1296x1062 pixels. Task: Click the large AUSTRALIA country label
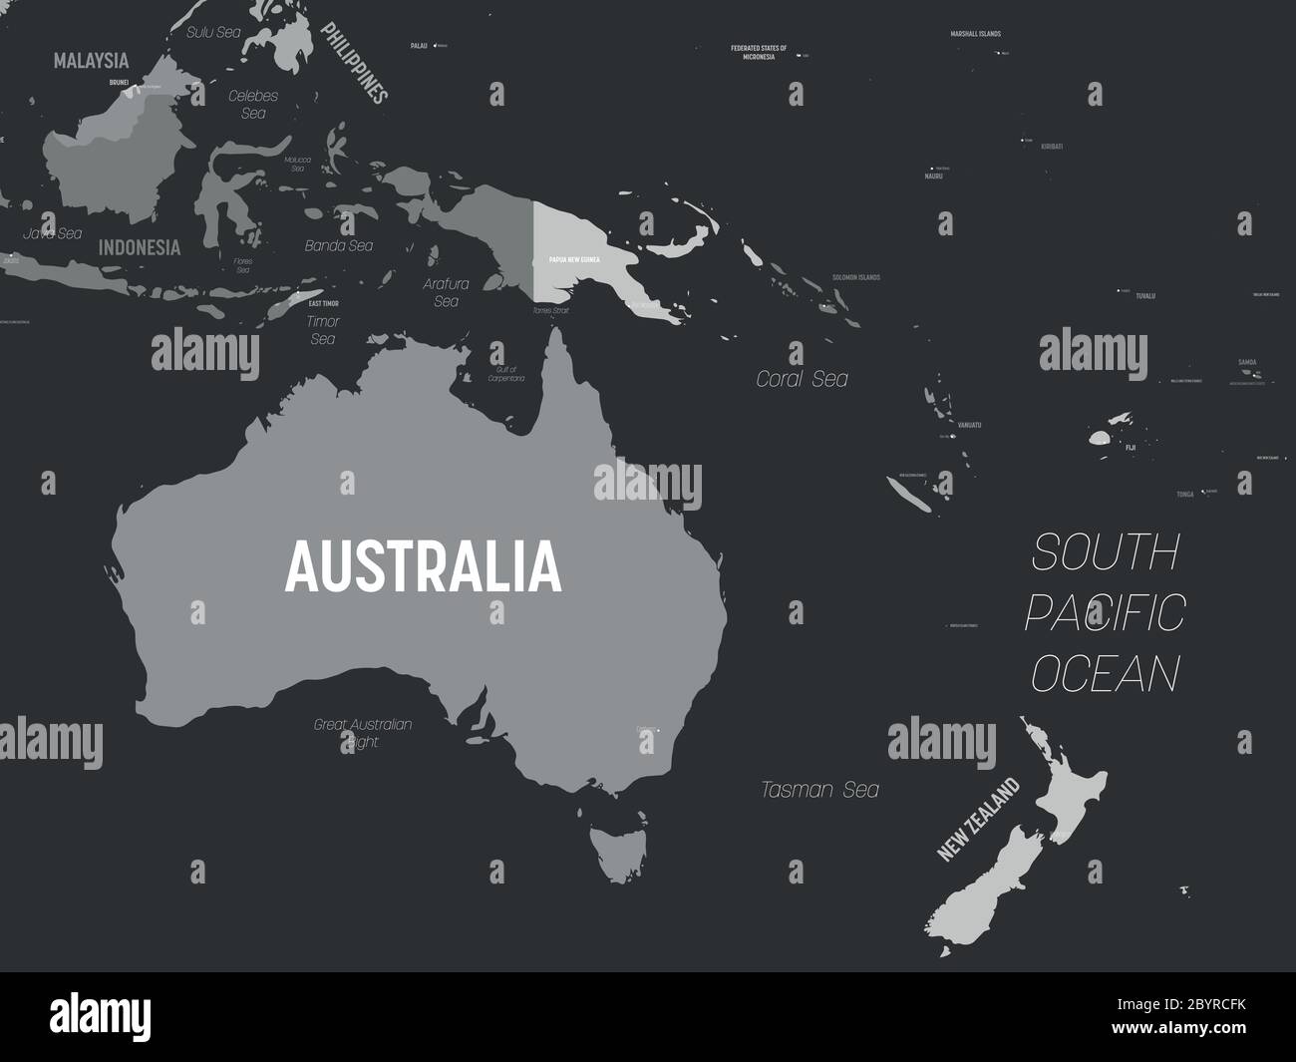(x=423, y=565)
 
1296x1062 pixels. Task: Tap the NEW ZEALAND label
(x=979, y=820)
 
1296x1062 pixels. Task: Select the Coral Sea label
(x=802, y=379)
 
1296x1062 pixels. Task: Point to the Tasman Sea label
(x=819, y=790)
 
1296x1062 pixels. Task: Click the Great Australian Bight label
(x=363, y=733)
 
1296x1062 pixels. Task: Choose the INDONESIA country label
(x=140, y=247)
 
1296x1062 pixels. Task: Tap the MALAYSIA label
(x=92, y=61)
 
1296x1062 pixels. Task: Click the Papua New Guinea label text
(x=574, y=259)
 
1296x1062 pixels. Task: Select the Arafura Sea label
(x=446, y=291)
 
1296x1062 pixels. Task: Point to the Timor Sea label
(x=323, y=330)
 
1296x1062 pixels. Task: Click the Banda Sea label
(x=340, y=245)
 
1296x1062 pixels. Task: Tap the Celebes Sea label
(x=253, y=105)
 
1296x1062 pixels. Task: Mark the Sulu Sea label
(x=213, y=32)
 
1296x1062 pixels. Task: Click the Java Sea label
(x=52, y=233)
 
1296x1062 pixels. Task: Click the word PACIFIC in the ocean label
(x=1105, y=611)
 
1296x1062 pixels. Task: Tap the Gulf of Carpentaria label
(x=505, y=374)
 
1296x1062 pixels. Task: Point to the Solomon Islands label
(x=856, y=276)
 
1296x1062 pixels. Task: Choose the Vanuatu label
(x=968, y=425)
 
